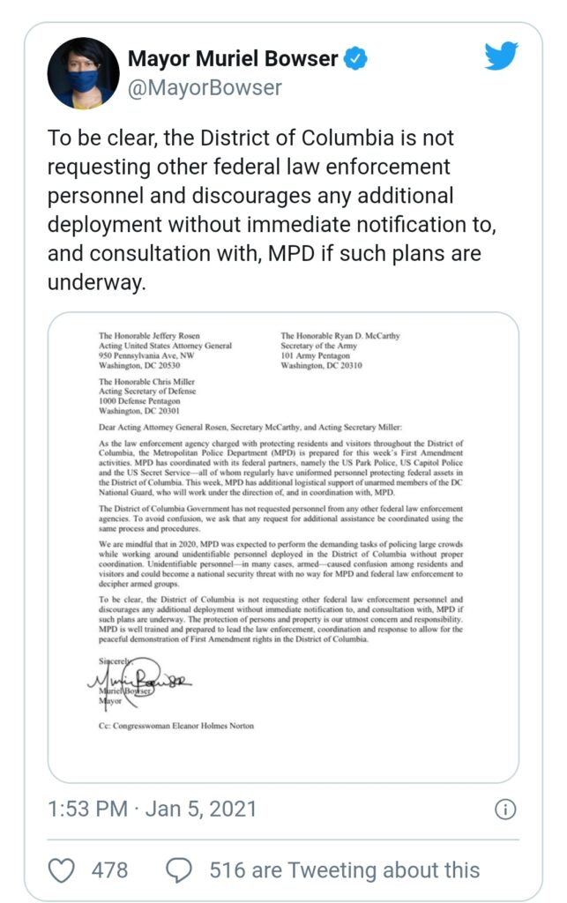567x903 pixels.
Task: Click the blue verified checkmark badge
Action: tap(355, 59)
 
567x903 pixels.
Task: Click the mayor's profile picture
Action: tap(84, 72)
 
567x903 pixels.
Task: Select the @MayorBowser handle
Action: tap(205, 87)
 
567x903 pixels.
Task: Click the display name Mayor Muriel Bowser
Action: tap(233, 59)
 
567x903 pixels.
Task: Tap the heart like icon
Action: tap(61, 870)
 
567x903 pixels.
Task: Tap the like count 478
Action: tap(109, 870)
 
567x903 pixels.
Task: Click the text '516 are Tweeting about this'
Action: tap(344, 870)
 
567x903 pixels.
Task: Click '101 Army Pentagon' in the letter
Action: tap(312, 355)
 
